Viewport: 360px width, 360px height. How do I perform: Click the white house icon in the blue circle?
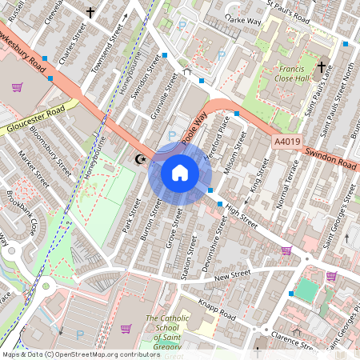click(180, 173)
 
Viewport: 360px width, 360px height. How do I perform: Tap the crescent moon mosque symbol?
click(142, 159)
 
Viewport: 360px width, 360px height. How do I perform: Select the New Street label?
click(232, 274)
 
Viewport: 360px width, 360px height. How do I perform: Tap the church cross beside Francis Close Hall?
click(322, 67)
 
